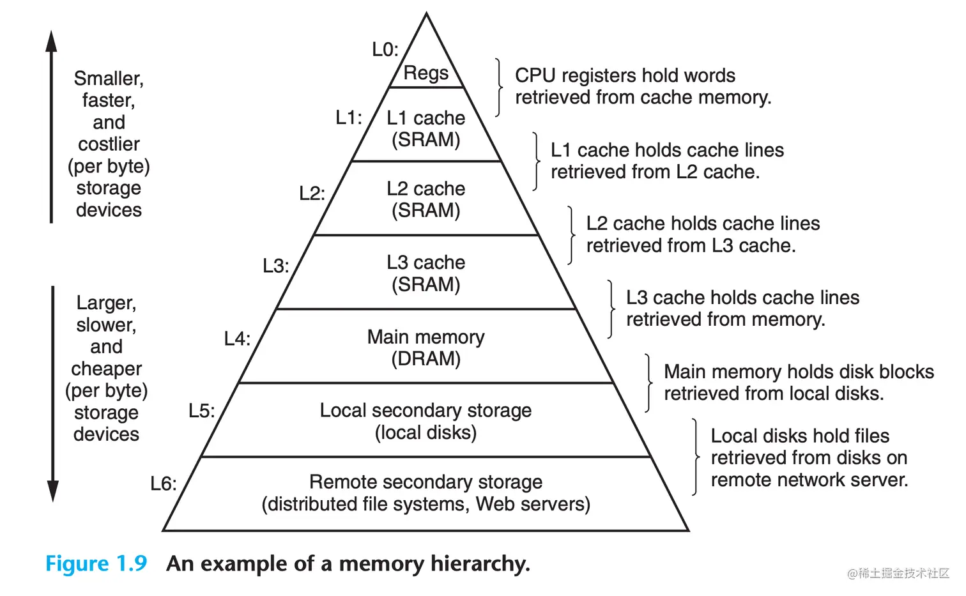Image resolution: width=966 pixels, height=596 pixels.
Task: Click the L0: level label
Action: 385,50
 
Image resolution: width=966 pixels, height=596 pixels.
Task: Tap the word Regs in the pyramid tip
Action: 426,73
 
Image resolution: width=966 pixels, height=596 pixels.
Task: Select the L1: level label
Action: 349,118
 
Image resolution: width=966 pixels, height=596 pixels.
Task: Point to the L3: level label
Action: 276,266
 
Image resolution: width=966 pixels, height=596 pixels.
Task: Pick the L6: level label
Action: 164,484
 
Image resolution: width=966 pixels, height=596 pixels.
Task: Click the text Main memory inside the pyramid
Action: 425,337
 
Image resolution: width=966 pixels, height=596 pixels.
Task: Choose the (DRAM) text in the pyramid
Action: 425,359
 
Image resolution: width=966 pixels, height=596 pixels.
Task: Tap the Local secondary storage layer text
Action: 425,410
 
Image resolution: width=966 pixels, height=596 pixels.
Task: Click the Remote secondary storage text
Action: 425,482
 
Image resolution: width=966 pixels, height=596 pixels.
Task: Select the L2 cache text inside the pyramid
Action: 425,188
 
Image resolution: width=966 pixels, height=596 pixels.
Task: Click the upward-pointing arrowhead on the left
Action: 51,42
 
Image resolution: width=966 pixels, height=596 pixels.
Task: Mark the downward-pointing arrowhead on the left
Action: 53,491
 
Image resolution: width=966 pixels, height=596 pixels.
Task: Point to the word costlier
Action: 109,144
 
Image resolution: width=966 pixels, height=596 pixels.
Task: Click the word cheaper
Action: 106,369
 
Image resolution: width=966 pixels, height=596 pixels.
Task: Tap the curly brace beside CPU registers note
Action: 499,88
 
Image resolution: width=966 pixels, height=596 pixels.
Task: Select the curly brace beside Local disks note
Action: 695,457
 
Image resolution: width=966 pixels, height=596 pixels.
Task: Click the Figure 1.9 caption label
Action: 96,563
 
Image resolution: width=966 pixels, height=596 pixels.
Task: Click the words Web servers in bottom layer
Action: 533,504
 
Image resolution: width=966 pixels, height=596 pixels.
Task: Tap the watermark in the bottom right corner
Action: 898,573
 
